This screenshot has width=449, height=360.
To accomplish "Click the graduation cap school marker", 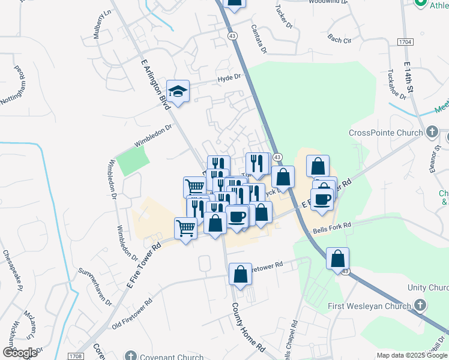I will (178, 92).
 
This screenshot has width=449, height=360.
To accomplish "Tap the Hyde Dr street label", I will (229, 77).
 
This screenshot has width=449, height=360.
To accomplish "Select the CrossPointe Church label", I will (387, 132).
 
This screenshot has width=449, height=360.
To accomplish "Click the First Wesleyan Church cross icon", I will (420, 306).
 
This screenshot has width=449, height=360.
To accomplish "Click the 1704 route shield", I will (406, 41).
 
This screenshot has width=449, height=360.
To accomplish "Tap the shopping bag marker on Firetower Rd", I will (240, 275).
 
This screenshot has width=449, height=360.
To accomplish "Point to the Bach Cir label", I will (339, 40).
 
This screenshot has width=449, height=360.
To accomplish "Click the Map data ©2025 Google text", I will (411, 355).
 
